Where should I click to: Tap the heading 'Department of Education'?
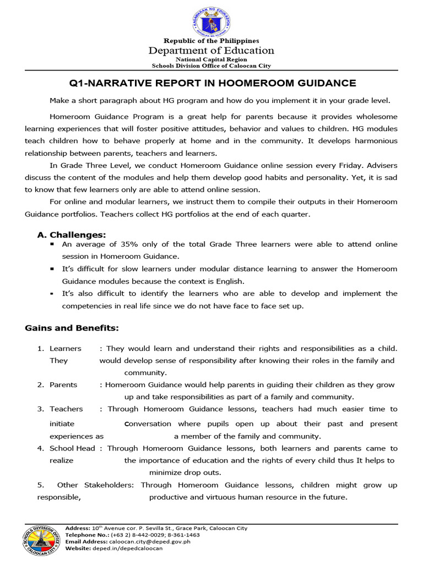click(211, 51)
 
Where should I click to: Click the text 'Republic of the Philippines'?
click(211, 41)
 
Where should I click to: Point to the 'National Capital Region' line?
click(211, 59)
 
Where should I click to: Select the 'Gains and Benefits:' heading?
click(72, 328)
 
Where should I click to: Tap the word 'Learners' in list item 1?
click(65, 349)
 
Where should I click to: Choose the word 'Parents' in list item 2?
click(63, 385)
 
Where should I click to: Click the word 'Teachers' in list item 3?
click(66, 409)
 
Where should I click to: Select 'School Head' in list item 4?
click(72, 448)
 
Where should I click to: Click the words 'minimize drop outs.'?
click(177, 473)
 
